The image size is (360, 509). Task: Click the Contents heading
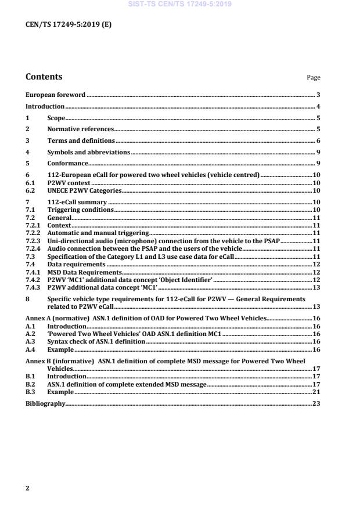44,77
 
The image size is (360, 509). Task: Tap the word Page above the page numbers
313,78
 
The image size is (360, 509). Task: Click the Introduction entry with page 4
45,107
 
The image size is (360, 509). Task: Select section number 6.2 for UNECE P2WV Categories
30,190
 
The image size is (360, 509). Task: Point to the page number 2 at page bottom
27,488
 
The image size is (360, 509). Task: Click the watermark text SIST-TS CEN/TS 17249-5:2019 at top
179,4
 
